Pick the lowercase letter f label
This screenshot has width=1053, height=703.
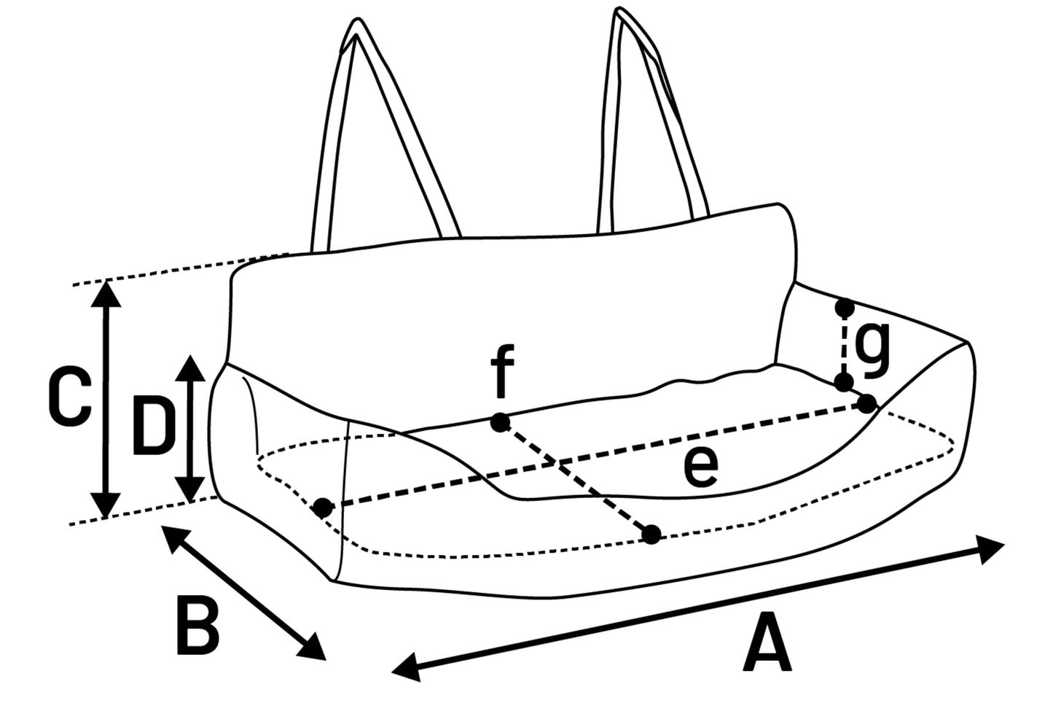(x=502, y=373)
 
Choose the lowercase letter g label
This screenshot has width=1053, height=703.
(x=872, y=349)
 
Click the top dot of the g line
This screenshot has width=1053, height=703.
(x=845, y=308)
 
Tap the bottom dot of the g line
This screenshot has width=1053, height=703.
(x=844, y=382)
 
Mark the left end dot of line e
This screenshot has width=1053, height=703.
(x=323, y=508)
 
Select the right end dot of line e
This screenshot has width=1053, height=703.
(x=866, y=404)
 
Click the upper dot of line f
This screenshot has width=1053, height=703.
(x=499, y=422)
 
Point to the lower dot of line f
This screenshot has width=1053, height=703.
(x=651, y=535)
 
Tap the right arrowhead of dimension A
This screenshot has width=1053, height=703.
(x=994, y=548)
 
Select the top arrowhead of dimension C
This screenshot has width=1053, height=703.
(x=108, y=292)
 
